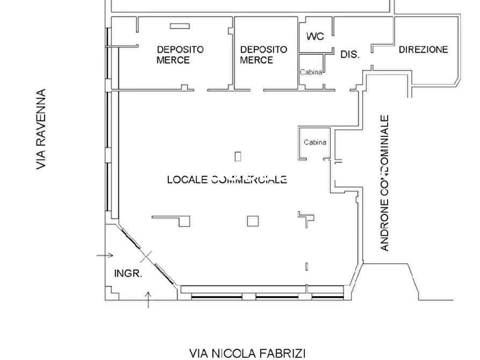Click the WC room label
tap(315, 37)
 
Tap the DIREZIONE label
tap(423, 49)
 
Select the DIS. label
tap(350, 54)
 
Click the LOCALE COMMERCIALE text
tap(227, 179)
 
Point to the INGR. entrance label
tap(128, 273)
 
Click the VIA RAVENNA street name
tap(41, 129)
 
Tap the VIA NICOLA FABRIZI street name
tap(247, 353)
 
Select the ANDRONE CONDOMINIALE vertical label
tap(384, 183)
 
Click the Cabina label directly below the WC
tap(311, 73)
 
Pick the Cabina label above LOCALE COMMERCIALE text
tap(314, 142)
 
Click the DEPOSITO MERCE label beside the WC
tap(263, 55)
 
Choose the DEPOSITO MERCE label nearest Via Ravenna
tap(180, 55)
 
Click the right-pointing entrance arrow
tap(105, 255)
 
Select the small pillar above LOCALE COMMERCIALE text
tap(238, 156)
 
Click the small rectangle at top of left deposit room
tap(180, 26)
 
